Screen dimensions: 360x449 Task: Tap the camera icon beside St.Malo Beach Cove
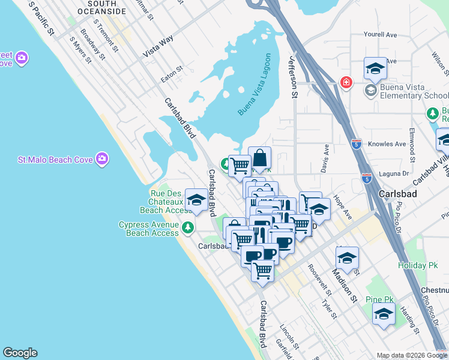[102, 159]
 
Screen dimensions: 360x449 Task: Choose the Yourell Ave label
[381, 35]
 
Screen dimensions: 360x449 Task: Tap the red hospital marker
[346, 82]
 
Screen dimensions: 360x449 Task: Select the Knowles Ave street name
[388, 144]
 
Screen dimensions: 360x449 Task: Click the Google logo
[20, 353]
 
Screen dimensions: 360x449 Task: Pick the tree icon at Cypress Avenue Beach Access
[188, 227]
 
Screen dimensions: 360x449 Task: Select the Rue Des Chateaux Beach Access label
[165, 202]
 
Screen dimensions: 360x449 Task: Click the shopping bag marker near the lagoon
[259, 158]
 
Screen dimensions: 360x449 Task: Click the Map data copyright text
[406, 355]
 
